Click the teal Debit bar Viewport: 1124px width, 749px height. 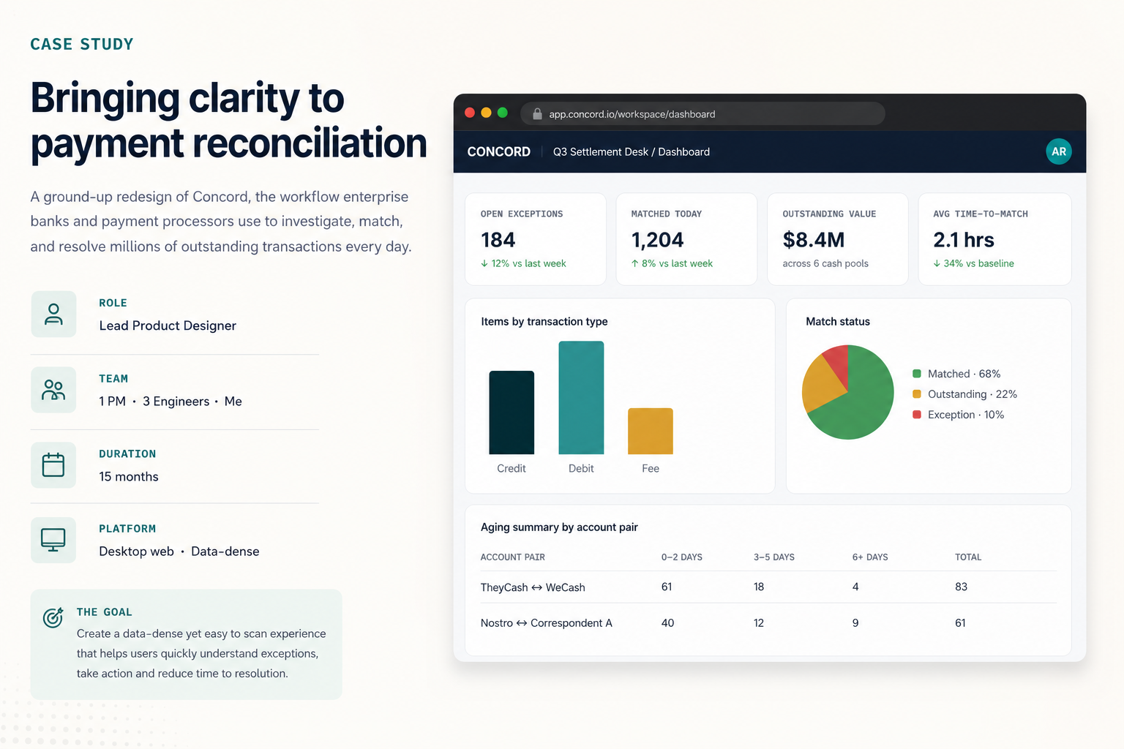581,397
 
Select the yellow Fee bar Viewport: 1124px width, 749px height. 651,431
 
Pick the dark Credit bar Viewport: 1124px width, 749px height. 512,413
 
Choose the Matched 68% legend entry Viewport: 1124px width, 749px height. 956,374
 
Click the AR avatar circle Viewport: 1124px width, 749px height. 1059,151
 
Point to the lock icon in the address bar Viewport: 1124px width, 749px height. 537,114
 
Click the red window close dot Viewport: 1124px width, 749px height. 470,113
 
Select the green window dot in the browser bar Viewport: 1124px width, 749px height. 502,113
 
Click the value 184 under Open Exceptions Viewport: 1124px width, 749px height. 498,240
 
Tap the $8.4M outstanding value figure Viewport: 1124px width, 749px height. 814,240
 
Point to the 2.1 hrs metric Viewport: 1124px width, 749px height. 964,240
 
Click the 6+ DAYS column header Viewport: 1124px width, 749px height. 870,557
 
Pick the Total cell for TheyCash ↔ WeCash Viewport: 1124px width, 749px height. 961,587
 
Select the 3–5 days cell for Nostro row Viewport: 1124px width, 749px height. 759,622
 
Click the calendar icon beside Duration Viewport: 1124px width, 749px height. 53,464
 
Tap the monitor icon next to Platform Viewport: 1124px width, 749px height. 53,540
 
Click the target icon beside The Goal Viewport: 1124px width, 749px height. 53,617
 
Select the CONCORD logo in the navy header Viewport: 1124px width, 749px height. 499,151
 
